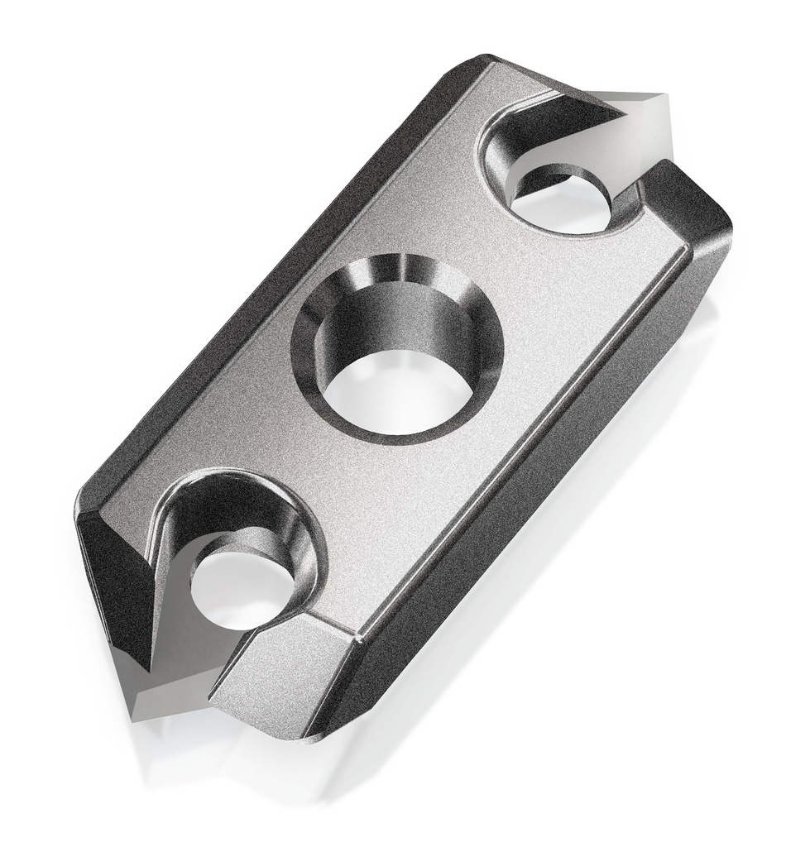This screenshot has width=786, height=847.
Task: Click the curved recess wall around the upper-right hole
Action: [x=505, y=157]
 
